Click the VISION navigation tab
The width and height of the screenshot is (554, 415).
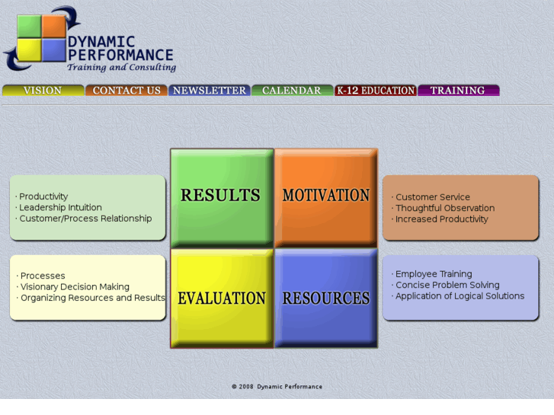click(43, 90)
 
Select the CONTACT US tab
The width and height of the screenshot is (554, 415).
click(126, 90)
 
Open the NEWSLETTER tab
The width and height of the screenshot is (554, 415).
click(210, 90)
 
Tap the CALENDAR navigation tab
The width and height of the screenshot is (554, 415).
click(292, 90)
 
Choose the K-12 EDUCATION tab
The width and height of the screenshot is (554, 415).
click(376, 90)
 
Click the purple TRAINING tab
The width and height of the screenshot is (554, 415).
click(458, 90)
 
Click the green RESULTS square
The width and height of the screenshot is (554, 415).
click(221, 196)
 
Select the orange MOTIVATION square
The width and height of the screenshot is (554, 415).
click(326, 196)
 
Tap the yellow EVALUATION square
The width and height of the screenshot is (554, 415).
click(221, 298)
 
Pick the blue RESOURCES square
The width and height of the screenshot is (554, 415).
click(326, 298)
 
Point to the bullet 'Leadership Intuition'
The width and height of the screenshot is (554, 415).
click(60, 207)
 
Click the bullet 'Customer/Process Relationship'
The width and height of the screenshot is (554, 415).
click(85, 219)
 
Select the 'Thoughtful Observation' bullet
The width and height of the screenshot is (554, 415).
click(445, 208)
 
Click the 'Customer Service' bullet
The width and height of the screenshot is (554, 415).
click(433, 197)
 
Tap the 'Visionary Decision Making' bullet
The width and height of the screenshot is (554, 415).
click(75, 287)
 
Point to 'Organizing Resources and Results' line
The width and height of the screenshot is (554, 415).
click(92, 298)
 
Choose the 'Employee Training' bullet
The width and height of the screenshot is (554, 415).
click(434, 274)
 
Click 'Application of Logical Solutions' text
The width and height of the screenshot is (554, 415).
click(460, 296)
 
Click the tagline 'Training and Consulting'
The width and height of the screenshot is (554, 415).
click(121, 68)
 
